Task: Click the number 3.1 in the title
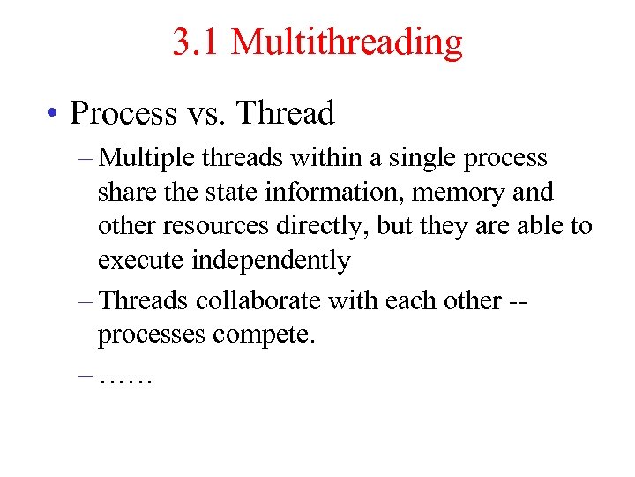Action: pyautogui.click(x=196, y=42)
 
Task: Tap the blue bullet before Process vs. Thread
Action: pyautogui.click(x=54, y=113)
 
